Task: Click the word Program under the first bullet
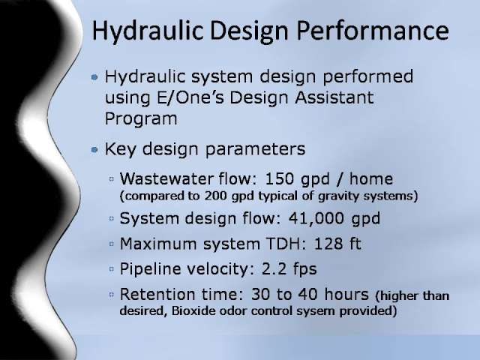[x=141, y=119]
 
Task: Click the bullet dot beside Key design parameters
[x=94, y=149]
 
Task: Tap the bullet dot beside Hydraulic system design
[x=94, y=76]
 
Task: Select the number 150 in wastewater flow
[x=280, y=178]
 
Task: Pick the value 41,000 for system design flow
[x=316, y=218]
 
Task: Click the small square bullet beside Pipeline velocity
[x=112, y=269]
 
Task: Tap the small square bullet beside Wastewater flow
[x=112, y=179]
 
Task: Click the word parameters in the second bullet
[x=255, y=149]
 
